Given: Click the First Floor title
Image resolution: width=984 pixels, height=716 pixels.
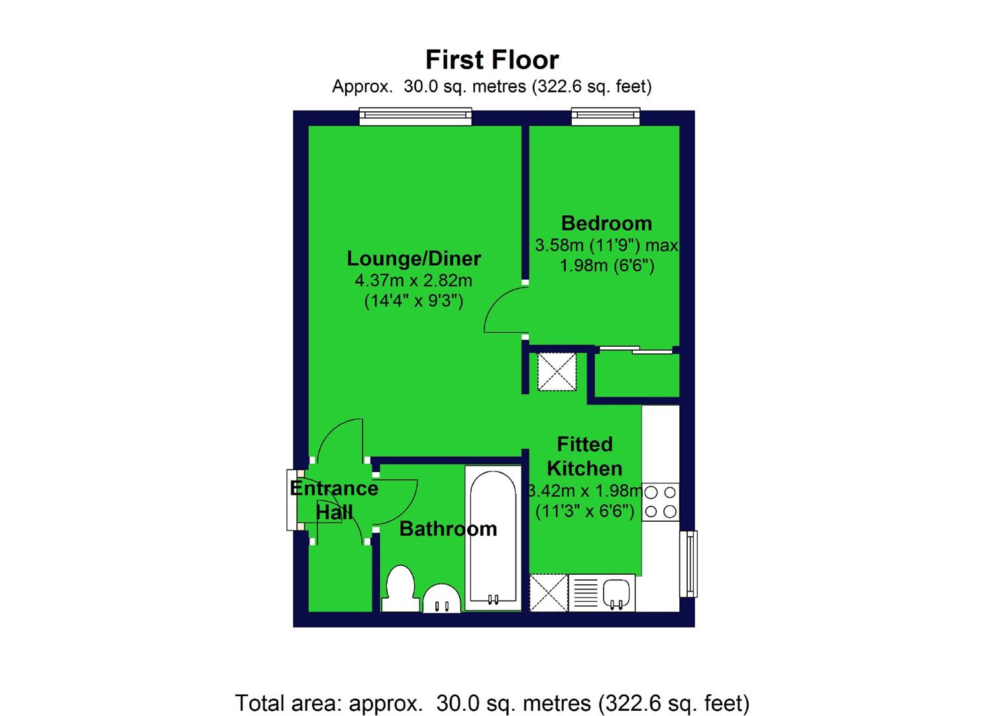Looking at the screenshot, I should [492, 60].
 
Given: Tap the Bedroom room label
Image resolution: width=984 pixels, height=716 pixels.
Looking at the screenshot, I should [606, 223].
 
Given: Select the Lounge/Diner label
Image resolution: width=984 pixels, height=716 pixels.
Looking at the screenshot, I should [414, 258].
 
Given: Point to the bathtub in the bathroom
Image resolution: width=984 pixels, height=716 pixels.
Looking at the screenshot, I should [491, 537].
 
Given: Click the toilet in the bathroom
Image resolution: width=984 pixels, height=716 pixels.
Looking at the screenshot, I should [400, 587].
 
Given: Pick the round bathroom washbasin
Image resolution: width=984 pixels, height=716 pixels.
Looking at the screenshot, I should [442, 599].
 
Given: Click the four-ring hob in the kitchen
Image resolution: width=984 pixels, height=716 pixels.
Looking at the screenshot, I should [661, 502].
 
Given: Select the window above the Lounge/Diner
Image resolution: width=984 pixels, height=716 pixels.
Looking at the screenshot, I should [415, 117].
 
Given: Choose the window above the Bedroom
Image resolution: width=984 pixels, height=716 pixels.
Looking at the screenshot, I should [607, 117].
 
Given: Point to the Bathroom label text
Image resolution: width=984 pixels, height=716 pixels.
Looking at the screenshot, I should [448, 528].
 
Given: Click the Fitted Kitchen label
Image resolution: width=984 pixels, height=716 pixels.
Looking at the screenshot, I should [584, 456].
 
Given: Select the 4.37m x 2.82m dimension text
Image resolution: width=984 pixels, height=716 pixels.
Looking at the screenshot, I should [413, 280].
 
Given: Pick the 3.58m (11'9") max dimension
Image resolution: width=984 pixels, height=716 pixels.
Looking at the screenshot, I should [606, 245].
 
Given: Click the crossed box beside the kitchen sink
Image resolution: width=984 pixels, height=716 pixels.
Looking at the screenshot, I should [549, 593].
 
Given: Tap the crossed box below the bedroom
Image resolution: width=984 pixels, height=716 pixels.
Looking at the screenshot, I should [557, 372].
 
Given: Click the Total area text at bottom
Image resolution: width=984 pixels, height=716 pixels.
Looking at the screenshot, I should [492, 703].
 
